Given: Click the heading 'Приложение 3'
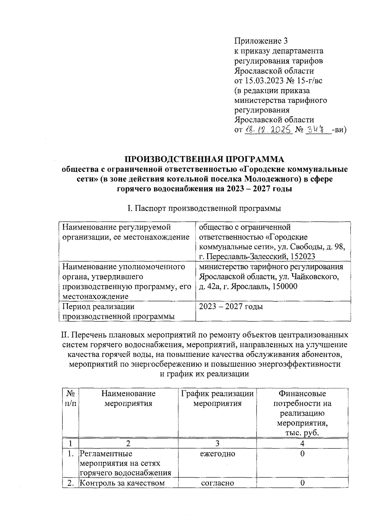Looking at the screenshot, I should (x=261, y=41).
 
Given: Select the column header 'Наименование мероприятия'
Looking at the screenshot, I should (x=128, y=398).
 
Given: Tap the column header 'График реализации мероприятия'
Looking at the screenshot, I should (x=217, y=398).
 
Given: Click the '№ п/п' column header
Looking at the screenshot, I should (x=71, y=398).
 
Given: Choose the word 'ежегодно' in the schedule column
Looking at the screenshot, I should (x=217, y=454).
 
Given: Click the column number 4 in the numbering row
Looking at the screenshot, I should (x=302, y=443).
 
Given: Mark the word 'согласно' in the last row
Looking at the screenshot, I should (x=217, y=483).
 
